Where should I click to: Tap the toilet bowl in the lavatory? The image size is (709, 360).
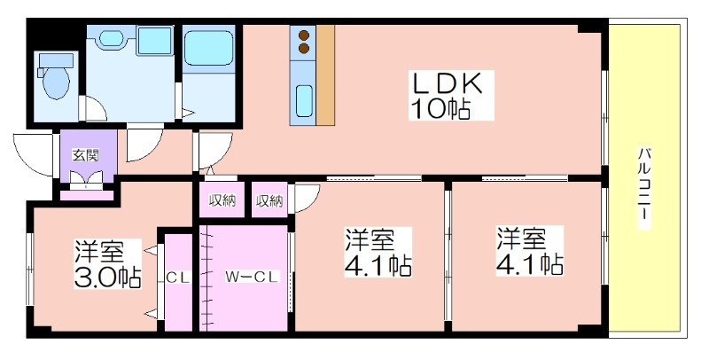coord(57,82)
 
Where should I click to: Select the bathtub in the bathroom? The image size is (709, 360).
coord(208,48)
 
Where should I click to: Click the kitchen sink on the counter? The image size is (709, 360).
coord(304,101)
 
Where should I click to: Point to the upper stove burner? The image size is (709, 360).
coord(304,35)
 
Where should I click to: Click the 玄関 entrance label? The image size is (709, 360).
coord(86,155)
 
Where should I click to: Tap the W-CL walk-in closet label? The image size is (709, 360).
coord(252,277)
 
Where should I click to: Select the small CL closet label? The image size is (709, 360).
coord(178,278)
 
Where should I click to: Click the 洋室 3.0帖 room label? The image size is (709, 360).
coord(108,264)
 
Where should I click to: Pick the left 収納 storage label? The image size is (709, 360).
coord(222,200)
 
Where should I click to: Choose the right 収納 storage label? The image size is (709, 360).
coord(269,200)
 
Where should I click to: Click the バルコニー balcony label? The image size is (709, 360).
coord(644,187)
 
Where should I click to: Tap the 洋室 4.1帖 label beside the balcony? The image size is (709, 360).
coord(530,252)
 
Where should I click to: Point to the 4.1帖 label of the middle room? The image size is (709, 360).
coord(378,264)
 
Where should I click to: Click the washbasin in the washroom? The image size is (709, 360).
coord(110,38)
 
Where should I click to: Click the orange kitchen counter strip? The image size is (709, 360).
coord(325,75)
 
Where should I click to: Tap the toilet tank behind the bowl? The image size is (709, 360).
coord(57,60)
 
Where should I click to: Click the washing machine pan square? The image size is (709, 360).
coord(154,41)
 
